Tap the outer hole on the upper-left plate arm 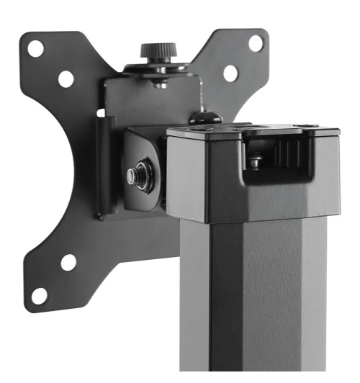coord(35,49)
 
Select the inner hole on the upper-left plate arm coord(66,78)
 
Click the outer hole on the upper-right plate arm coord(256,42)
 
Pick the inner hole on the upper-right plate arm coord(230,73)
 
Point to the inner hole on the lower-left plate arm coord(68,262)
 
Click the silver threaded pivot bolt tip coord(132,174)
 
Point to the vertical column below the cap coord(252,302)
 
